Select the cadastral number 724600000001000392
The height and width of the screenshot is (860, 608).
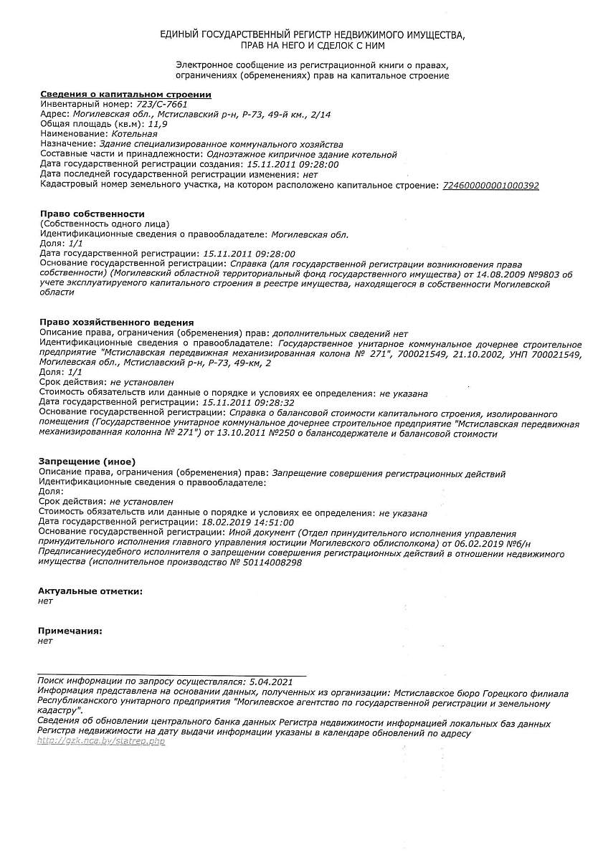click(491, 186)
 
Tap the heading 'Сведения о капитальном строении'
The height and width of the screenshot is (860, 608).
click(125, 95)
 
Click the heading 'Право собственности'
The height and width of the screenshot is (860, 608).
click(92, 214)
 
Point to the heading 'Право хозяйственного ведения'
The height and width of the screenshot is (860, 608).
click(117, 323)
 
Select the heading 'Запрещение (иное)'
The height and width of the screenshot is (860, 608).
click(87, 462)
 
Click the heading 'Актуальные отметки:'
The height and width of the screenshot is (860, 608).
click(90, 591)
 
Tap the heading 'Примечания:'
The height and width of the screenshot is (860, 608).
click(70, 631)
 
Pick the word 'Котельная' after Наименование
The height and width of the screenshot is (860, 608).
click(135, 134)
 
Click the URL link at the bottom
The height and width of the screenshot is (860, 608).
click(101, 741)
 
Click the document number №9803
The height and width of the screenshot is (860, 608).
click(538, 274)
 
